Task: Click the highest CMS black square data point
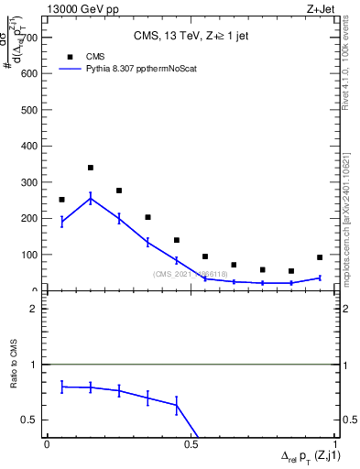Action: pos(91,168)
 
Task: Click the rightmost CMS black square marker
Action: pos(320,257)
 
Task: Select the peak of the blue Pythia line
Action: pos(91,198)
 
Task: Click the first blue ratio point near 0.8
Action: pos(62,387)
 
